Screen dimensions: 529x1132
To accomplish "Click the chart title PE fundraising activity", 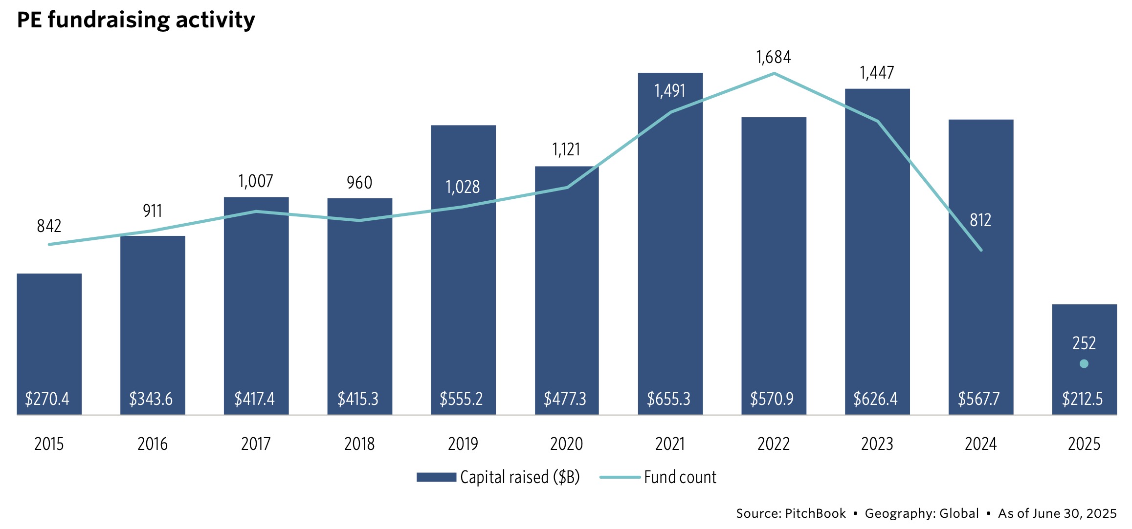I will [x=136, y=21].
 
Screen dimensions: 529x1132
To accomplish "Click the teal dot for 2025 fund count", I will [x=1084, y=363].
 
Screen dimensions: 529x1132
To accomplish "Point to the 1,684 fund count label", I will [x=773, y=58].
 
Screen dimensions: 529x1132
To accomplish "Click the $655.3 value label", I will [x=668, y=399].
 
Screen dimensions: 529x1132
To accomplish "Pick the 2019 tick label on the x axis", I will [x=463, y=444].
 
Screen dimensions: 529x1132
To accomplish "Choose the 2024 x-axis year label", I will [x=980, y=444].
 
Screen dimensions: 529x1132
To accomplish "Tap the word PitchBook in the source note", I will [x=815, y=513].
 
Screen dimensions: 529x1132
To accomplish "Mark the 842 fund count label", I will [x=49, y=226].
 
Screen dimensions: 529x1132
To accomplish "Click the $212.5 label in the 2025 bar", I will [x=1082, y=399].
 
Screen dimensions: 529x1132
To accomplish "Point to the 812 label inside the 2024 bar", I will [x=980, y=220].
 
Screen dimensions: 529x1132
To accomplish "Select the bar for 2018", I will [x=359, y=303].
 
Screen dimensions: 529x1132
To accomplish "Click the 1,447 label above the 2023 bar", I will [x=877, y=73].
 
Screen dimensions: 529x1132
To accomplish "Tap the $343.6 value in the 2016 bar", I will [x=151, y=399].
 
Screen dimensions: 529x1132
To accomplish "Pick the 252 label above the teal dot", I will [x=1084, y=343].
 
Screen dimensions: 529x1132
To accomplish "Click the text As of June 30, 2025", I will [x=1057, y=513].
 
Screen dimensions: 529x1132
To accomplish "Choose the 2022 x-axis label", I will [x=773, y=444].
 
